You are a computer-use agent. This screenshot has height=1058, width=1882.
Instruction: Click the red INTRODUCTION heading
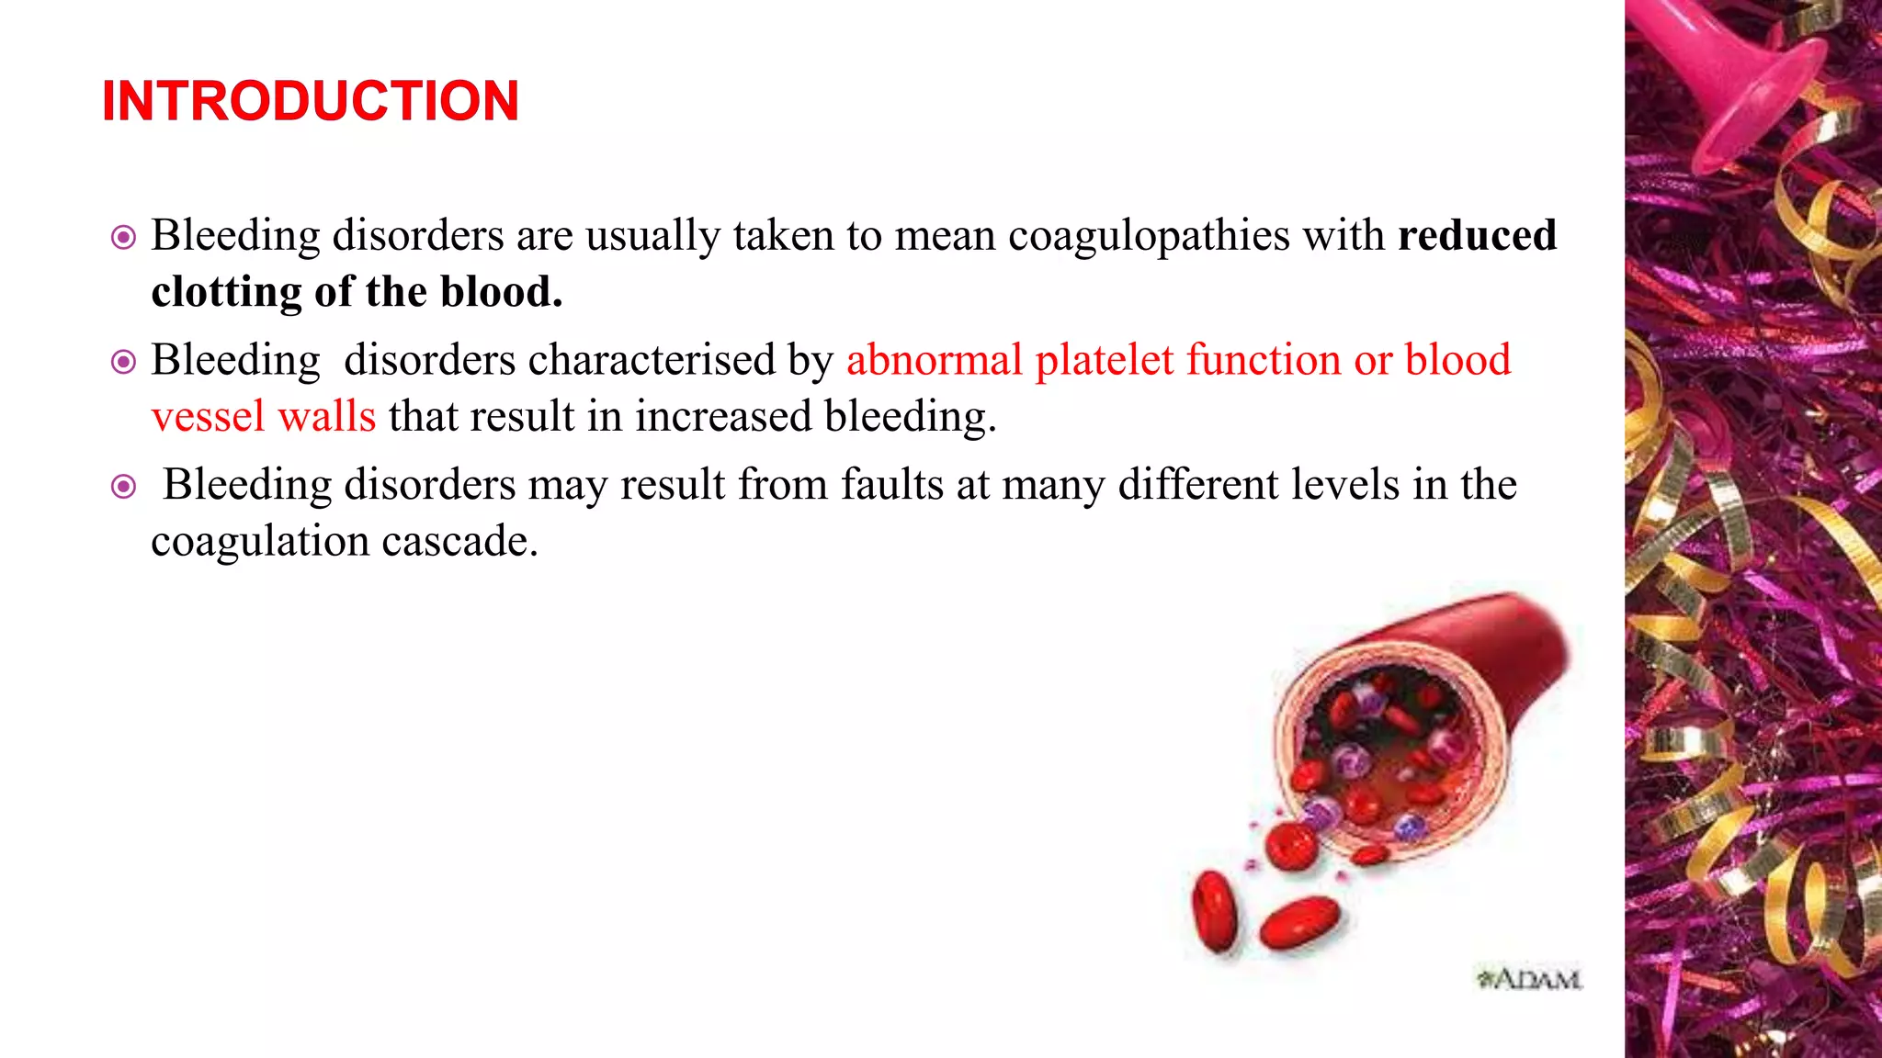click(311, 101)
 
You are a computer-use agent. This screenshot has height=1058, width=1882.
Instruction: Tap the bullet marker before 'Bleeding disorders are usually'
click(123, 238)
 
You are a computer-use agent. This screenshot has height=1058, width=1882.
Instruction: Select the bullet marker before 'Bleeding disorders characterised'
click(123, 362)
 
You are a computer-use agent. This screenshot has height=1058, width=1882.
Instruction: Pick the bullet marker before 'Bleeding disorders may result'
click(123, 486)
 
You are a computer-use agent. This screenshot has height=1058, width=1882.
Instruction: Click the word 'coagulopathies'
click(1149, 236)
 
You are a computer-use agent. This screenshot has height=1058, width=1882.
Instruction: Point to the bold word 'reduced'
click(1477, 235)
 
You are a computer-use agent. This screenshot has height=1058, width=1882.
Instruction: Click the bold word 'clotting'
click(226, 292)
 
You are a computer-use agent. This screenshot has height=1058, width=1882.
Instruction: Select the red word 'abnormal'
click(934, 360)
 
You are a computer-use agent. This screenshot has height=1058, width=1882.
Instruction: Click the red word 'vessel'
click(208, 417)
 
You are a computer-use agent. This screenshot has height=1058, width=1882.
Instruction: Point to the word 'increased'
click(723, 417)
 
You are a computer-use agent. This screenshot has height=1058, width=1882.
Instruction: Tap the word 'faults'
click(891, 485)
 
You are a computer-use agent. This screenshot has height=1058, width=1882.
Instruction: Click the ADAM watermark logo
click(1529, 979)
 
